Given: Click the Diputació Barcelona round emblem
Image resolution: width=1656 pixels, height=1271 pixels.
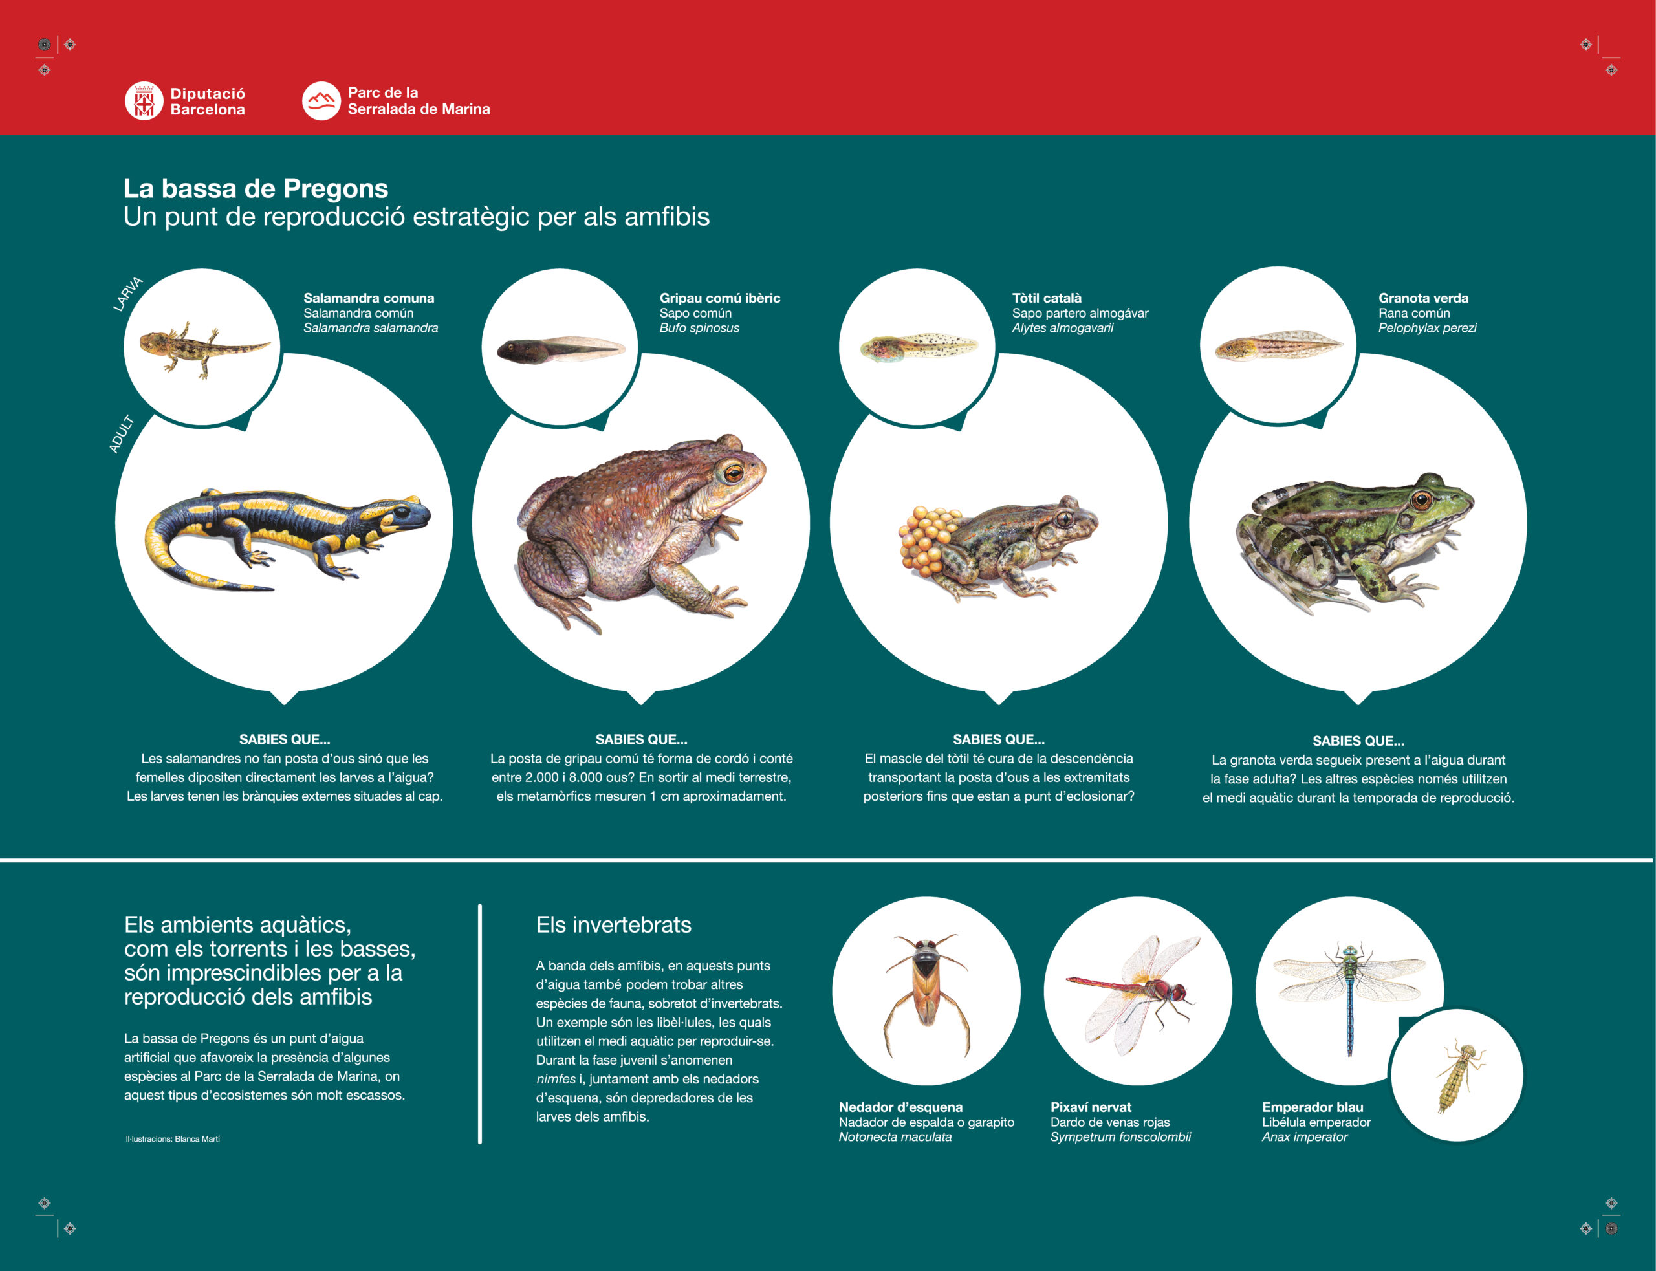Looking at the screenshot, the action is [144, 101].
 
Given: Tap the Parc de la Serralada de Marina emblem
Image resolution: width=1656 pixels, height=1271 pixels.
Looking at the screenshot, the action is [321, 101].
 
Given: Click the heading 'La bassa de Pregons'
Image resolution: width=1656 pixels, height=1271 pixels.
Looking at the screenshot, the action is [256, 188].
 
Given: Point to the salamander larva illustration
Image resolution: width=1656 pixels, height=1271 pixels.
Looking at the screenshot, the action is [204, 348].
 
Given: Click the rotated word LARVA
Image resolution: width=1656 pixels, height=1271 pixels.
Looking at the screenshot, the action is [128, 294].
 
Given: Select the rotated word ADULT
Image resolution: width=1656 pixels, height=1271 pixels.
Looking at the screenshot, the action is [121, 434].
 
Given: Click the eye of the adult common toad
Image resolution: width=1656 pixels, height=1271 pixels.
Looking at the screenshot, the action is [733, 473].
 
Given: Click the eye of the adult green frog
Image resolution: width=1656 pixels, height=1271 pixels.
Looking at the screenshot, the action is [1421, 499].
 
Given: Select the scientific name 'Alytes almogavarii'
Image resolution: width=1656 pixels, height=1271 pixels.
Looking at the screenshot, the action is [1062, 327].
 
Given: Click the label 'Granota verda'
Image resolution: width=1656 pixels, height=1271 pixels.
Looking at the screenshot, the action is [1423, 298].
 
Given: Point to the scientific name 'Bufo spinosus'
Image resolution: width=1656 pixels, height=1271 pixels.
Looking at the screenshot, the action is [699, 327].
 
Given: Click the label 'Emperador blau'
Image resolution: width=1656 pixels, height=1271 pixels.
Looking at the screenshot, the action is [1313, 1107].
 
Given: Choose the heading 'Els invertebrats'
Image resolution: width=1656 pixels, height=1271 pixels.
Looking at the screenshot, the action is [613, 924].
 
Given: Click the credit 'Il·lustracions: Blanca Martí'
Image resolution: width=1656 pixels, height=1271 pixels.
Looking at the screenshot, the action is [173, 1138].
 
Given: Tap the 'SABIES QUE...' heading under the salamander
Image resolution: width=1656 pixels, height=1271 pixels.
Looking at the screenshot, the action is [285, 739].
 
